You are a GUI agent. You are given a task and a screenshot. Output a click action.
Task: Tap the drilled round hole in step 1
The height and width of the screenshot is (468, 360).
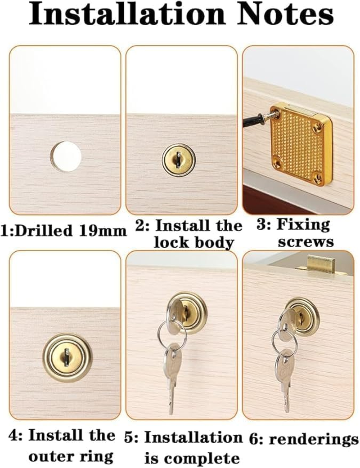pyautogui.click(x=66, y=156)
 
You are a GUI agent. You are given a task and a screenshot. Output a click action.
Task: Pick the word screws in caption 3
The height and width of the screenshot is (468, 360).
pyautogui.click(x=306, y=241)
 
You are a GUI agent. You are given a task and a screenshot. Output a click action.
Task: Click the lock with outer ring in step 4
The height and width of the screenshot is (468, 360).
pyautogui.click(x=67, y=357)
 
